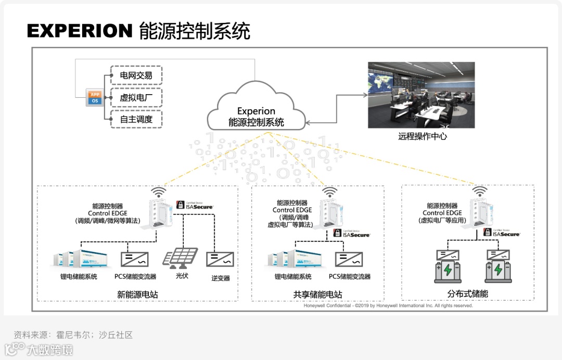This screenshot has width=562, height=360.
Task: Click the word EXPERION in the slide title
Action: [80, 31]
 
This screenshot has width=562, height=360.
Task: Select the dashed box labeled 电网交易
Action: [136, 75]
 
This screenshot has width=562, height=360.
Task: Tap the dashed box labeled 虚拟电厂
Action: [136, 97]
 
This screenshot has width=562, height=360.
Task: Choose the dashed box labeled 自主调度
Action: [136, 119]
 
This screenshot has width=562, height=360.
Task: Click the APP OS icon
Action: [95, 97]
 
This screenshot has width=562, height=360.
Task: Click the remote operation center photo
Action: [421, 95]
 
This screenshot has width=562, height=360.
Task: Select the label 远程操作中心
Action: [423, 137]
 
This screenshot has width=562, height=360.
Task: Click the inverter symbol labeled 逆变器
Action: [220, 259]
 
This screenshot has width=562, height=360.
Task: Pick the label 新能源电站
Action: [137, 294]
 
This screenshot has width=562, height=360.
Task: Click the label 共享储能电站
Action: [317, 294]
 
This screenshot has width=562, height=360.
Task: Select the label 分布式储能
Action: [467, 294]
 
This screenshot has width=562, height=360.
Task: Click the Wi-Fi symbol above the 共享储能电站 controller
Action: [329, 192]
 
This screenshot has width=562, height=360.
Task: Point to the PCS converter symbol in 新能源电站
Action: [134, 259]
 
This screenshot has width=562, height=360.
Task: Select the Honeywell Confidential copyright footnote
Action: [388, 306]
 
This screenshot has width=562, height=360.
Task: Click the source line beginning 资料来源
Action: [73, 335]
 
